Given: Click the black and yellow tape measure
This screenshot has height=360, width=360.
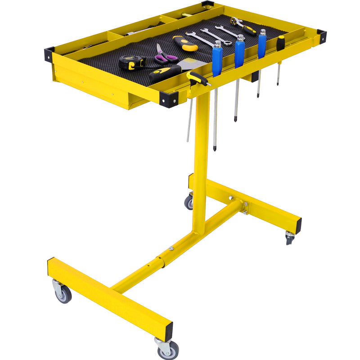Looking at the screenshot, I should point(131,62).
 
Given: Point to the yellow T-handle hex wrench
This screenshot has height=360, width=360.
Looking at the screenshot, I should point(198,79).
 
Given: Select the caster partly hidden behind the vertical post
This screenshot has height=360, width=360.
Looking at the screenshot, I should point(189,202).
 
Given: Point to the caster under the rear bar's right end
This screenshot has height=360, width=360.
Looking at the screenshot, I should point(289,237).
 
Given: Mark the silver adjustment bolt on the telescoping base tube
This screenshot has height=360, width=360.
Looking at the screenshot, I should point(171,248).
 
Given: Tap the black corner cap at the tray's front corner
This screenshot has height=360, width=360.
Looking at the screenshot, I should point(169,100).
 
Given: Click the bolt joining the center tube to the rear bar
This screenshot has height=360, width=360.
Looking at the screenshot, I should point(230,198).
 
